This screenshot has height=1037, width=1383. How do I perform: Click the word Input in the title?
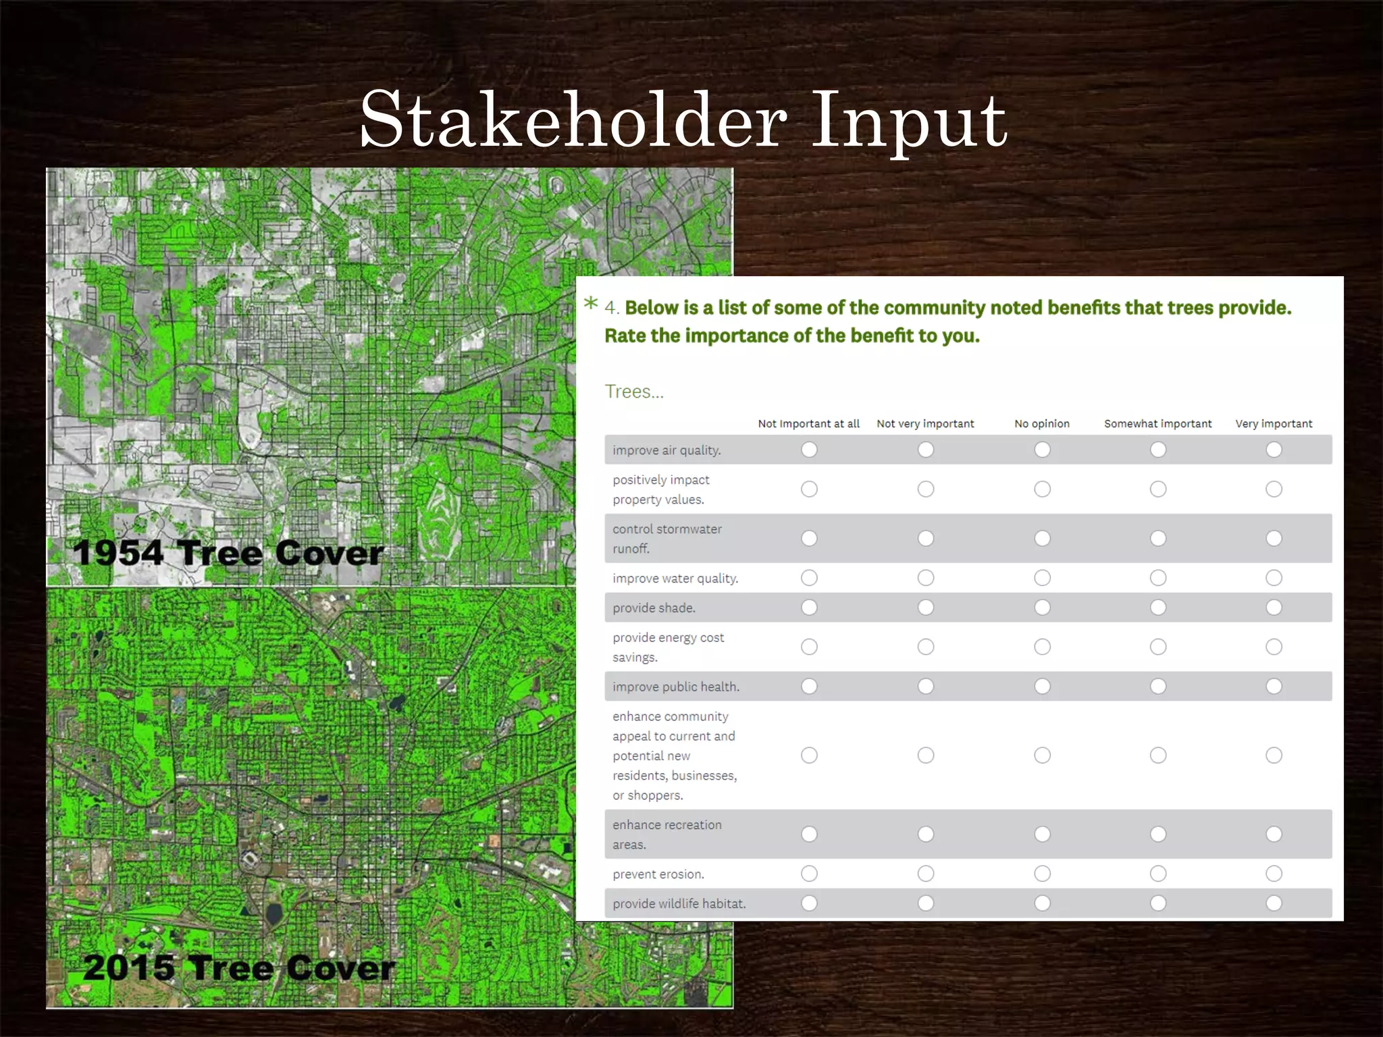[x=908, y=122]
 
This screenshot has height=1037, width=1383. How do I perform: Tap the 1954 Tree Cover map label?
[x=228, y=553]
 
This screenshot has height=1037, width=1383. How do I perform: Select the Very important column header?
[x=1274, y=423]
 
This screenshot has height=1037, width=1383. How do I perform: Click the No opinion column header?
[x=1041, y=423]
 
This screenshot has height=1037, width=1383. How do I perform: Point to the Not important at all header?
[x=808, y=423]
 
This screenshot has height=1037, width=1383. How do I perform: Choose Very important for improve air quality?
[x=1274, y=450]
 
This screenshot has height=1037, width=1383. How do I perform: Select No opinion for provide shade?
[x=1042, y=608]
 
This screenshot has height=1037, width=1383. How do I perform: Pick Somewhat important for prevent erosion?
[x=1158, y=874]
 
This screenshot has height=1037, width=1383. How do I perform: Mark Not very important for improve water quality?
[x=926, y=578]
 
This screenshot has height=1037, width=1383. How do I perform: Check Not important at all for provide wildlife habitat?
[x=809, y=903]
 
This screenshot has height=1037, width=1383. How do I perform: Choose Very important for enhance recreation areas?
[x=1274, y=834]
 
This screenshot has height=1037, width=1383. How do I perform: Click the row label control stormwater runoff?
[x=667, y=539]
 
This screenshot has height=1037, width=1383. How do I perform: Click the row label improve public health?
[x=675, y=687]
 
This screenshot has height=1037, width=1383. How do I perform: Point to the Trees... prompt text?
[x=633, y=392]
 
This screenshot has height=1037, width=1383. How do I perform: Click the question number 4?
[x=610, y=308]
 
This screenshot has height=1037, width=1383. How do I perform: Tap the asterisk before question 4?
[x=591, y=303]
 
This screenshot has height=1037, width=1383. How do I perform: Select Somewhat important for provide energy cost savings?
[x=1158, y=647]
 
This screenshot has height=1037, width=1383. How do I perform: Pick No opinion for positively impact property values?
[x=1042, y=489]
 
